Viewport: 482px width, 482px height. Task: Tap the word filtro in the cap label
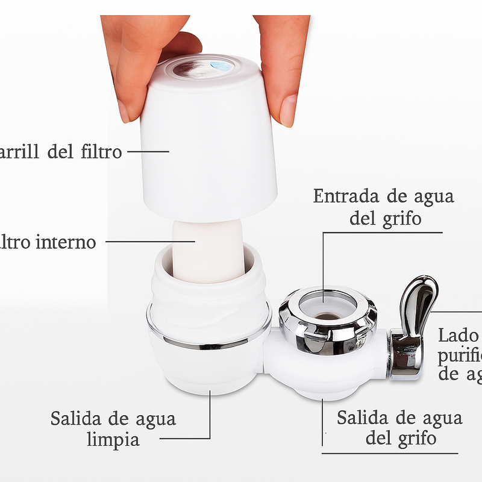coord(101,151)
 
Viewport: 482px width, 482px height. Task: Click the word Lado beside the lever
coord(458,336)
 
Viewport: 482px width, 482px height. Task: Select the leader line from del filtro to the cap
coord(148,151)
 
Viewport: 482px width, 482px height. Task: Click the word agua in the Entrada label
coord(431,197)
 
